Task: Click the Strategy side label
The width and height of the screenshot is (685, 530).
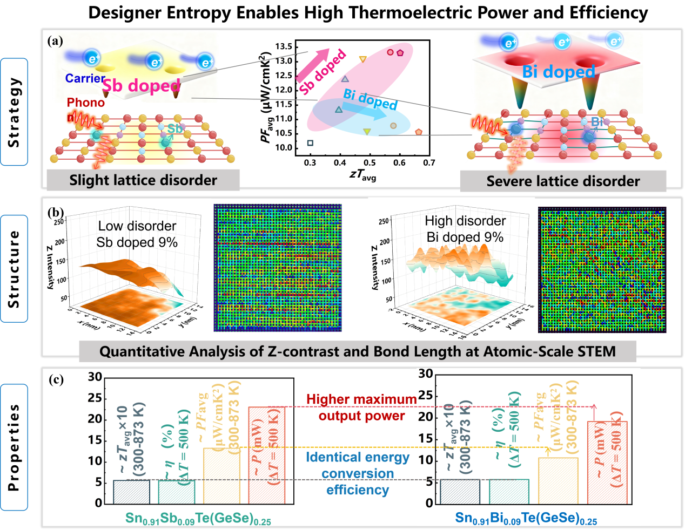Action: pyautogui.click(x=14, y=112)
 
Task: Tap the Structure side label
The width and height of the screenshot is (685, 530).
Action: pyautogui.click(x=14, y=269)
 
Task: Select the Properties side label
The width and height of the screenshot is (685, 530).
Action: pyautogui.click(x=14, y=447)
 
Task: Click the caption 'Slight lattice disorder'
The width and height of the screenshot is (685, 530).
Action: pyautogui.click(x=143, y=180)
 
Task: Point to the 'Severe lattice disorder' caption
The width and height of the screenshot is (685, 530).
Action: pyautogui.click(x=563, y=181)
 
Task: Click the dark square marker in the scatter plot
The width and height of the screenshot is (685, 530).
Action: pyautogui.click(x=310, y=143)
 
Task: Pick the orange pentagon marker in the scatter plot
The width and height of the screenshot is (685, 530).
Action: pyautogui.click(x=419, y=132)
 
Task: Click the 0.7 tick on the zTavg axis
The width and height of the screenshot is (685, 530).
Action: pyautogui.click(x=429, y=162)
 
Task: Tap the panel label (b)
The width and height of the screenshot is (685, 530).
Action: pyautogui.click(x=55, y=212)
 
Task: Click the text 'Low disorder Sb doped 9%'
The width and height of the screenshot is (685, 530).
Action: pyautogui.click(x=137, y=234)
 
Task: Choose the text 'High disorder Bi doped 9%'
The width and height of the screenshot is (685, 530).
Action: pyautogui.click(x=465, y=229)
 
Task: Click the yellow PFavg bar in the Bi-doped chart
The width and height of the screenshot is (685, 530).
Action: pyautogui.click(x=558, y=480)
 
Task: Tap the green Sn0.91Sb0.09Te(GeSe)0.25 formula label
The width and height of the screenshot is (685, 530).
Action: pyautogui.click(x=198, y=519)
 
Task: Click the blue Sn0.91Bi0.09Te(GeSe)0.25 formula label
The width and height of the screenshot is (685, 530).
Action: pyautogui.click(x=526, y=519)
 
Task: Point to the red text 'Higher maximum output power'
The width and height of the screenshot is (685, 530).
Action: pyautogui.click(x=361, y=407)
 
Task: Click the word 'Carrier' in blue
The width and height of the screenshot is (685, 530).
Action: pyautogui.click(x=85, y=78)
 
